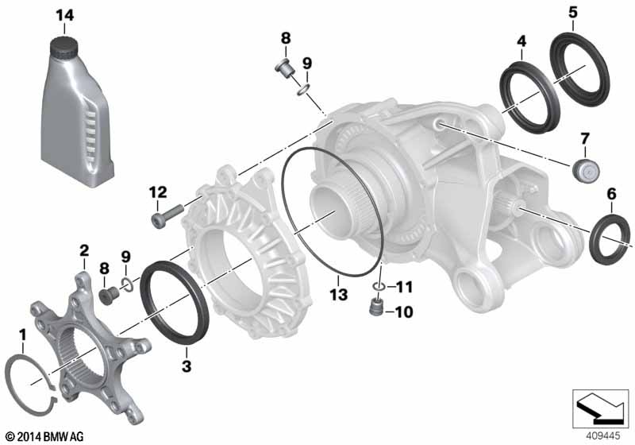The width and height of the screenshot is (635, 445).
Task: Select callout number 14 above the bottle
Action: (x=65, y=16)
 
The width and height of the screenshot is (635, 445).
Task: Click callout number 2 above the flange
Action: (x=84, y=250)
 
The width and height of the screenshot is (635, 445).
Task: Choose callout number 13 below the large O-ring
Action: (x=339, y=294)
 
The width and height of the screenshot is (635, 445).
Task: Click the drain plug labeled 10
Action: (x=376, y=308)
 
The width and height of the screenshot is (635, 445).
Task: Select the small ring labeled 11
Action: (x=379, y=287)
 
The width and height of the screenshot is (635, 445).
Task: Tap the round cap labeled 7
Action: (x=586, y=169)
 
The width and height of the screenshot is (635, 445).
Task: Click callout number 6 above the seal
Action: (x=611, y=194)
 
